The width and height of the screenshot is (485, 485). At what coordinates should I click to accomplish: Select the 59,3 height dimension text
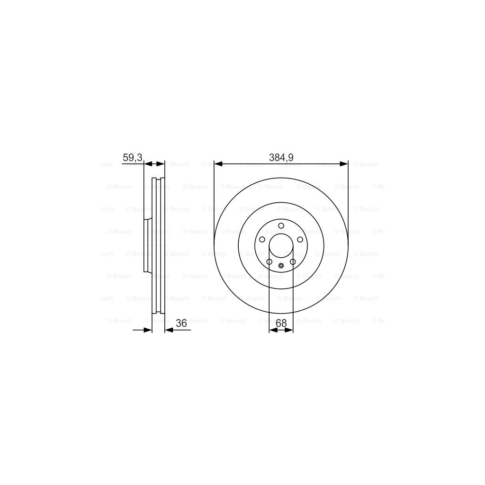click(x=132, y=158)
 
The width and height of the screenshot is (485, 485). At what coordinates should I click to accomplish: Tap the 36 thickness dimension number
click(x=181, y=323)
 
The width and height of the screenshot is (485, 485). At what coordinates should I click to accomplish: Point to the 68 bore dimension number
click(x=281, y=323)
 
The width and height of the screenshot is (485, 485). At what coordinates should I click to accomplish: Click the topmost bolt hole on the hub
click(x=281, y=225)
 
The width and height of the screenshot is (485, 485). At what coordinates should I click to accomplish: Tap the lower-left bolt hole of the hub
click(x=269, y=261)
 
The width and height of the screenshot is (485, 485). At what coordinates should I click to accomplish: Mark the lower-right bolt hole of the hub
click(x=293, y=261)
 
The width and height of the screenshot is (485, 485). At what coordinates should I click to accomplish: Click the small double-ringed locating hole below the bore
click(x=281, y=265)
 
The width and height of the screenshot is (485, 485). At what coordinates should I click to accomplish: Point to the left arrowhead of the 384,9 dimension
click(x=218, y=164)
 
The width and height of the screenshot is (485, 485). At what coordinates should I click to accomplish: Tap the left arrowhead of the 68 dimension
click(x=272, y=330)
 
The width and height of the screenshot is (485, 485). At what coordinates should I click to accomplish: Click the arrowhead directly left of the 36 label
click(x=169, y=330)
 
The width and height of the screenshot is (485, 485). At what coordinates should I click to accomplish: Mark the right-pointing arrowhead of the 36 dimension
click(x=148, y=330)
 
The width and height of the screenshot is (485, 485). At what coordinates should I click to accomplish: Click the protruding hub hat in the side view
click(x=148, y=246)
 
